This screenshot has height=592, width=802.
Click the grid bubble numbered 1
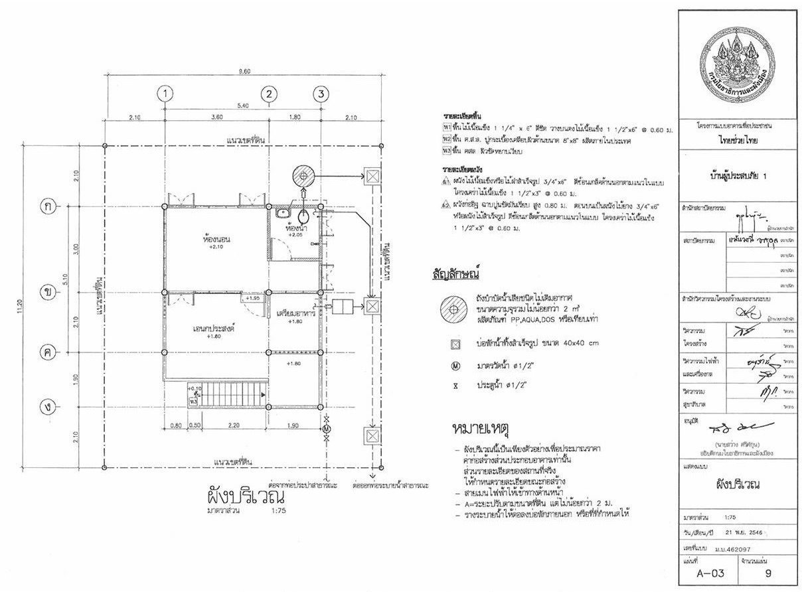[x=165, y=94]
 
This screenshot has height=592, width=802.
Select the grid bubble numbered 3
[x=321, y=94]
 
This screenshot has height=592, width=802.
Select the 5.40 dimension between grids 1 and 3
[x=242, y=105]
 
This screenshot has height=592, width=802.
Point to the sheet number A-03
[x=706, y=572]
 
